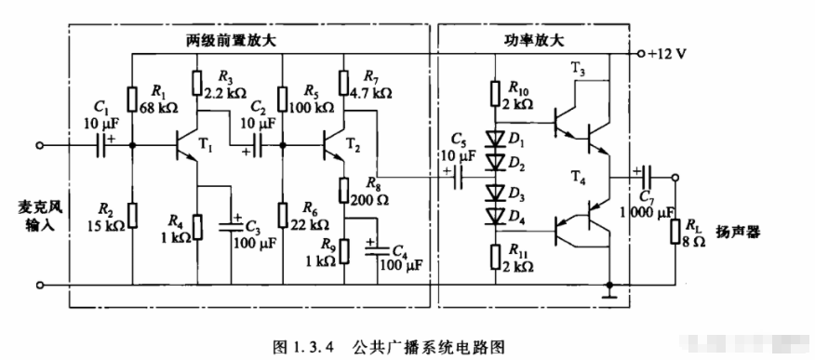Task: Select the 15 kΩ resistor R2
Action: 132,214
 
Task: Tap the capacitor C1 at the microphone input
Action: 99,145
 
